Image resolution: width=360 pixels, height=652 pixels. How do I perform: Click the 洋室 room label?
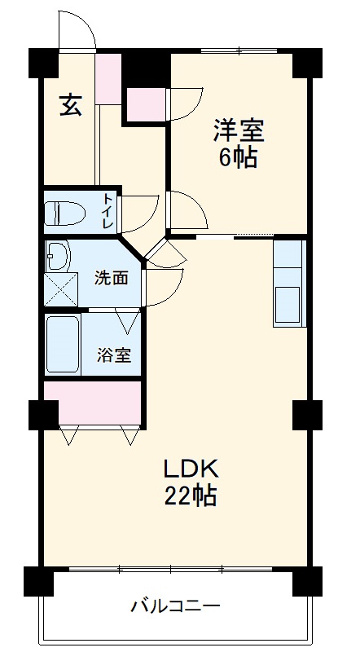[239, 129]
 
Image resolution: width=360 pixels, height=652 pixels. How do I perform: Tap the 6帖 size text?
[238, 156]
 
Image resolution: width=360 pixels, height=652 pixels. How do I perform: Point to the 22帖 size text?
[191, 496]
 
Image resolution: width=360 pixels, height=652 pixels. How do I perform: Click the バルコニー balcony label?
[175, 606]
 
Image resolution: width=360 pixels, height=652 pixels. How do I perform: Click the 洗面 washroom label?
[111, 278]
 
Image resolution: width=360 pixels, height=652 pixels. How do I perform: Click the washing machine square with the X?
[58, 289]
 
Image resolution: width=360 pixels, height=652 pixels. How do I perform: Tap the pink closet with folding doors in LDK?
[93, 403]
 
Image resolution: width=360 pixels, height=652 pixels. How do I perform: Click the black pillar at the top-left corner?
[42, 63]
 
